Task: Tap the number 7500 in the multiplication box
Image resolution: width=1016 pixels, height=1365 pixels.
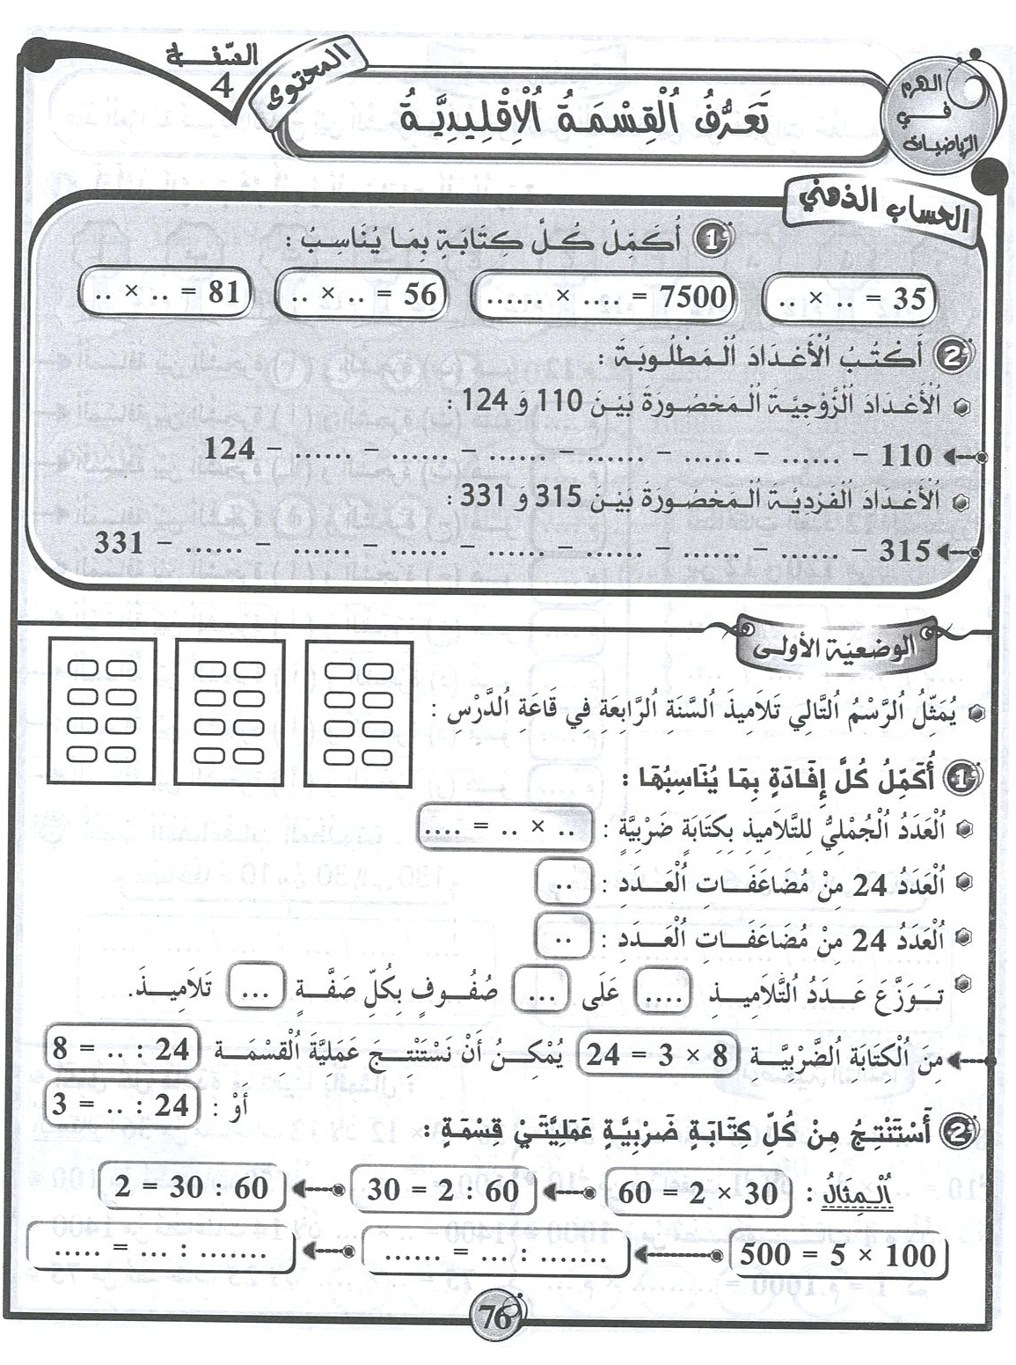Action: point(692,296)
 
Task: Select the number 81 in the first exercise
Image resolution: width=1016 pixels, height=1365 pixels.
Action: point(223,292)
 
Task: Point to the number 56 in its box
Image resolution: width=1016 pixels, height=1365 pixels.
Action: point(420,294)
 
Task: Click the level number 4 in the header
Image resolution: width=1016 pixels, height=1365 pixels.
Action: point(223,87)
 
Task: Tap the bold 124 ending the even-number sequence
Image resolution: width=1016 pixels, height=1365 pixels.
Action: point(230,450)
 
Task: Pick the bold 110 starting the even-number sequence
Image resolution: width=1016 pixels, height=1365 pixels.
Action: point(905,456)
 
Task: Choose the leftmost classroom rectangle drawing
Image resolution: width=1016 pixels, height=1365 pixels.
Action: point(103,711)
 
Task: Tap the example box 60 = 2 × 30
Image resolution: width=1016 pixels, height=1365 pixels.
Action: point(698,1193)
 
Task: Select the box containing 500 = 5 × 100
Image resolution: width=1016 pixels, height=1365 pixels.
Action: point(837,1255)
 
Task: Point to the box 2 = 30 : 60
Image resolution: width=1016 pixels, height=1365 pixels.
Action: point(192,1188)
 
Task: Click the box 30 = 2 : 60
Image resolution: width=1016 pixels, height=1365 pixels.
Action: point(443,1191)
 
